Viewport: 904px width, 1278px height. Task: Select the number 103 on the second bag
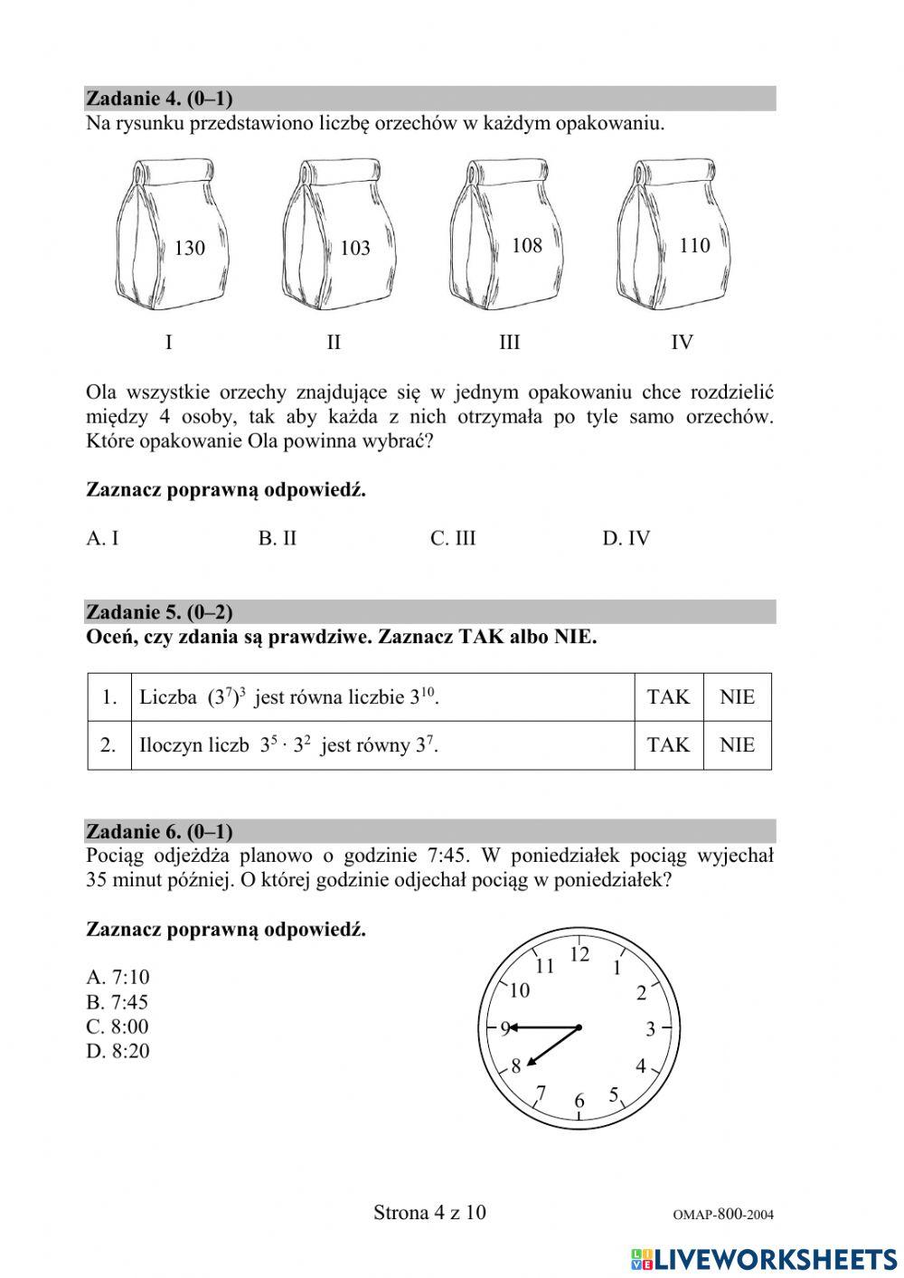355,248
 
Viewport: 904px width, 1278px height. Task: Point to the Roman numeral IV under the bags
682,342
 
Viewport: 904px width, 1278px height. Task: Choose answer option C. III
453,538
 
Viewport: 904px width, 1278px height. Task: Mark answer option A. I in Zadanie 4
102,538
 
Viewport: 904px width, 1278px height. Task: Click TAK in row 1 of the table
668,697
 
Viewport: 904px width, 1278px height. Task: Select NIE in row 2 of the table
737,745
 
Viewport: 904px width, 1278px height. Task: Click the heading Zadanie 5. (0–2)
159,612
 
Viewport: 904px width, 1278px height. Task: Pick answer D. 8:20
118,1051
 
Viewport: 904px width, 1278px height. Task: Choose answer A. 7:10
118,977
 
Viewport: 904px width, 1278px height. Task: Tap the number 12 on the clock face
579,954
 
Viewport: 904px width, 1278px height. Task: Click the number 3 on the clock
650,1029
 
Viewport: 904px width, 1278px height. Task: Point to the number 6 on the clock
579,1101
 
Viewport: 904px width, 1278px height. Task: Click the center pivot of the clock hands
579,1027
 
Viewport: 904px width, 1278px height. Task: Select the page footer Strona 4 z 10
429,1212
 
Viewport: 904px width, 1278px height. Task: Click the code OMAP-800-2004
723,1215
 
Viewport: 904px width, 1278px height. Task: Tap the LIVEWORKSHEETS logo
763,1259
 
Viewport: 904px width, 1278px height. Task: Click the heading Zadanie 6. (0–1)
159,831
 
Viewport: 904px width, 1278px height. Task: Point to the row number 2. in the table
108,745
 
